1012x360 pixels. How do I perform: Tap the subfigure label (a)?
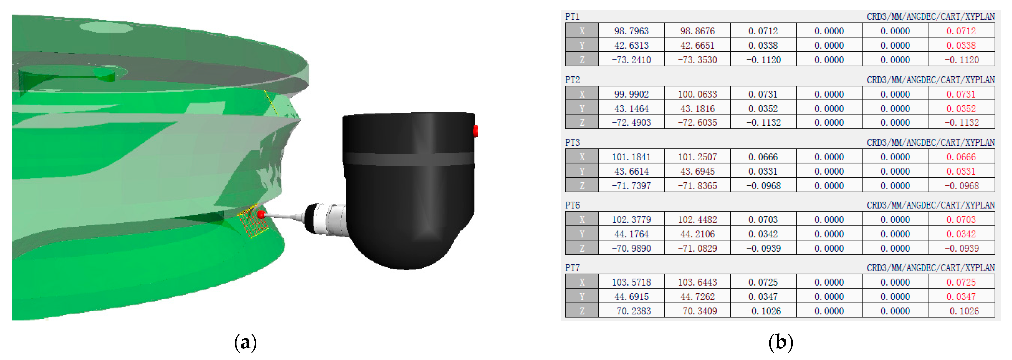(246, 342)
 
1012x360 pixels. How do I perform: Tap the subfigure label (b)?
(781, 342)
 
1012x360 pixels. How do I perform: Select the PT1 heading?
(572, 16)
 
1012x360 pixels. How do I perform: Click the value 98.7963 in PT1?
(631, 31)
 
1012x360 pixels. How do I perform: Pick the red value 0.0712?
(961, 31)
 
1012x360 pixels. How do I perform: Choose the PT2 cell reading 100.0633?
(697, 94)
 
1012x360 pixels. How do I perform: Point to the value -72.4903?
(631, 123)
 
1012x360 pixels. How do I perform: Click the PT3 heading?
(572, 142)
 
